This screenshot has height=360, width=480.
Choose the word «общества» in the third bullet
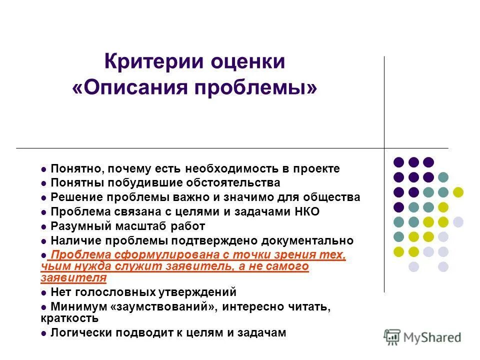pos(335,197)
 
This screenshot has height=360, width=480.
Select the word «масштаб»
pos(142,226)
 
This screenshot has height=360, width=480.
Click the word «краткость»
pos(69,318)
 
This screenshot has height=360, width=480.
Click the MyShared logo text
pos(432,337)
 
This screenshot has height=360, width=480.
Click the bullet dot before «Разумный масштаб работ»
pos(44,226)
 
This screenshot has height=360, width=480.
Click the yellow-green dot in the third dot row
pos(458,192)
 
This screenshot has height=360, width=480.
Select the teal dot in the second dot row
pos(443,177)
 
